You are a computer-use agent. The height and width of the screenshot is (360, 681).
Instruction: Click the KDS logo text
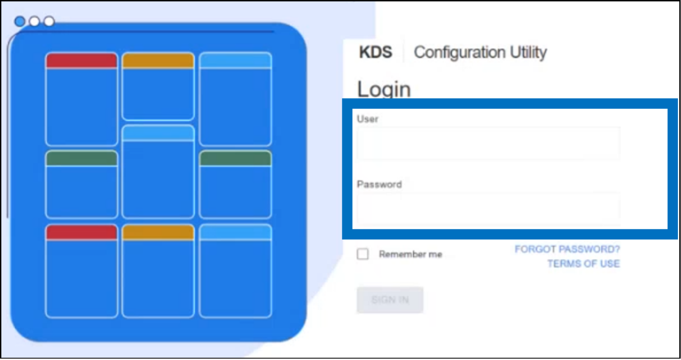pos(375,52)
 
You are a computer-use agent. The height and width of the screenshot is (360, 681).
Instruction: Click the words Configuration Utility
pos(480,52)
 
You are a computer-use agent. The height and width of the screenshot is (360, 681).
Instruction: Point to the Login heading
pos(384,89)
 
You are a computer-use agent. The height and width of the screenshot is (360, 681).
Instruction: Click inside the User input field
pos(489,143)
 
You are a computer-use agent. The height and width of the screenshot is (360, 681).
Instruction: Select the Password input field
pos(489,208)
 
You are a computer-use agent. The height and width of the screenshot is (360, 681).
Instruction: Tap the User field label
pos(368,119)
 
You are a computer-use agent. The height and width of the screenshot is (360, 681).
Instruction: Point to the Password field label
pos(380,184)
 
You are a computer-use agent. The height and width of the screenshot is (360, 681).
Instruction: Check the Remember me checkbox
pos(363,254)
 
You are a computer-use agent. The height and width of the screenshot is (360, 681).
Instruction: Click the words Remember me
pos(410,254)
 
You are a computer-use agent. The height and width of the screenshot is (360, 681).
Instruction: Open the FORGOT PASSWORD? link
pos(567,249)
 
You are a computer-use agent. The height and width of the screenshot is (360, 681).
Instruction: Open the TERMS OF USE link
pos(584,263)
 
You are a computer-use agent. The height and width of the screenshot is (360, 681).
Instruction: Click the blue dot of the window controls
pos(20,21)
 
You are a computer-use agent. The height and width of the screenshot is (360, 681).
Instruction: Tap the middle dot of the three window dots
pos(35,21)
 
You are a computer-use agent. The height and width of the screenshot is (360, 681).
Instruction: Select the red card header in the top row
pos(81,61)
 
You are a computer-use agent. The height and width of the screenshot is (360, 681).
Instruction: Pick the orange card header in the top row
pos(158,61)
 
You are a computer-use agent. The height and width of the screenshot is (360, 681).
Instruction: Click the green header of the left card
pos(81,158)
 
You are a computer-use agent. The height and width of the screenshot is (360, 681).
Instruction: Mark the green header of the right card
pos(235,158)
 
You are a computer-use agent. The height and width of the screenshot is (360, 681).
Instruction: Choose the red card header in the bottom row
pos(81,232)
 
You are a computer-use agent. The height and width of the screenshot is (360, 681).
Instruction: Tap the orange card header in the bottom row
pos(158,232)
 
